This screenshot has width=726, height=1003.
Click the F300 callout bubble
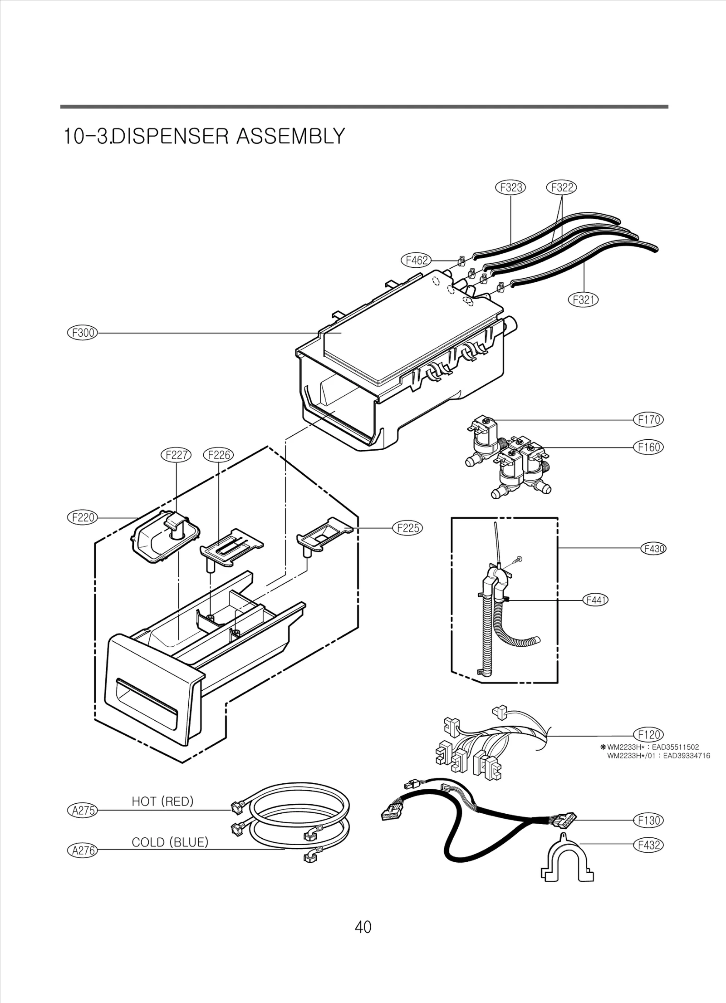[x=83, y=333]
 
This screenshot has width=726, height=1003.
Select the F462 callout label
[x=416, y=261]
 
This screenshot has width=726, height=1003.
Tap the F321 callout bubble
[x=583, y=300]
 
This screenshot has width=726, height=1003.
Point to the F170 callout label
[x=648, y=420]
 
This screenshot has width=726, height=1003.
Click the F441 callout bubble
[x=595, y=600]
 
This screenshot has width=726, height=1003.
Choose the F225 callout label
[x=407, y=528]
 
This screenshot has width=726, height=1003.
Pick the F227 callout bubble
[x=176, y=455]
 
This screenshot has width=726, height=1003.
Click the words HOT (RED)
[x=162, y=802]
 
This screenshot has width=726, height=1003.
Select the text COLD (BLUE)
[x=170, y=842]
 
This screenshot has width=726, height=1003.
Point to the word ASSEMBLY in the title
[x=291, y=136]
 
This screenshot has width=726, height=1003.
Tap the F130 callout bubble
[x=648, y=821]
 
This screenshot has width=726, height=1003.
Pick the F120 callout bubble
[x=648, y=735]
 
